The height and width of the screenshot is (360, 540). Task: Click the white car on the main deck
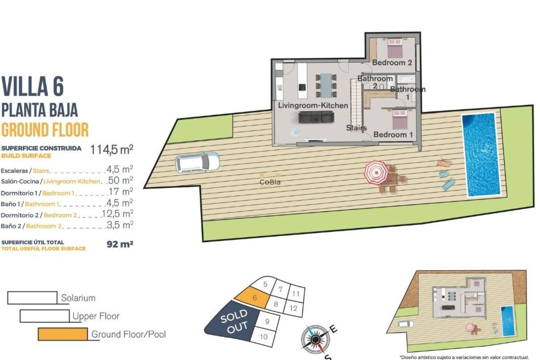[197, 163]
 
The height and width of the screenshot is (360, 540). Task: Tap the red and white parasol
[376, 172]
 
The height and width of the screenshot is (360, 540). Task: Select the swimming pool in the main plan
[481, 155]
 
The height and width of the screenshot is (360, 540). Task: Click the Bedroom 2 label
[392, 62]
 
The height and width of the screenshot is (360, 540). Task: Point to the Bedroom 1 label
[393, 134]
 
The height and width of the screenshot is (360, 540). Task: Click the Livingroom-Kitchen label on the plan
[313, 105]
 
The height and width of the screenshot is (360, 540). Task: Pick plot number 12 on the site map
[294, 308]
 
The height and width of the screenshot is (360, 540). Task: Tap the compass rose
[315, 339]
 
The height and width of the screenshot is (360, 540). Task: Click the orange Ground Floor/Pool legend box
[63, 334]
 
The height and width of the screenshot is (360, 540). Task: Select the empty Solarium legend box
[32, 298]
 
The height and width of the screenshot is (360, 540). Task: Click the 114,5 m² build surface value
[111, 150]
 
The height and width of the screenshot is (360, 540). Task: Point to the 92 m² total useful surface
[120, 244]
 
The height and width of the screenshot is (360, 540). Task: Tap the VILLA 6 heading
[33, 86]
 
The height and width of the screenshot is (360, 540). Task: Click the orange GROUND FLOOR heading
[45, 130]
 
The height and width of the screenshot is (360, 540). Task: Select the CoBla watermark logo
[270, 182]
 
